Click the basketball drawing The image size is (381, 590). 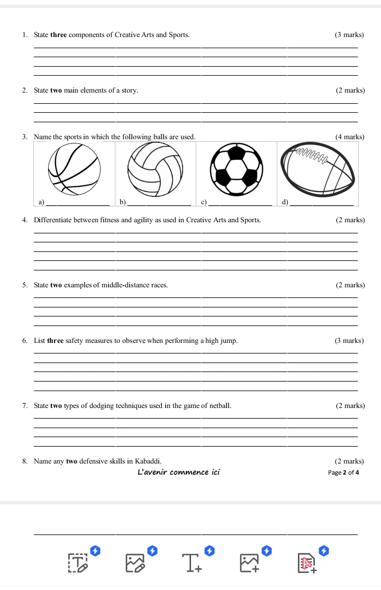click(74, 170)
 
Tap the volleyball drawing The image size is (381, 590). click(156, 170)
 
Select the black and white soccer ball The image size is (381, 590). click(237, 170)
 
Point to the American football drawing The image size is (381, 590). click(317, 172)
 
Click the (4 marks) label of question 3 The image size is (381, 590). click(350, 137)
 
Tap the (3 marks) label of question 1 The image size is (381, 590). click(349, 35)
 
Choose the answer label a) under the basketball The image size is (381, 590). click(42, 202)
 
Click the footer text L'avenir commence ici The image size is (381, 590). click(178, 472)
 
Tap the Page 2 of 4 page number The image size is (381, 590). click(343, 473)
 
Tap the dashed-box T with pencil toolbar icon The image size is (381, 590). click(77, 564)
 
